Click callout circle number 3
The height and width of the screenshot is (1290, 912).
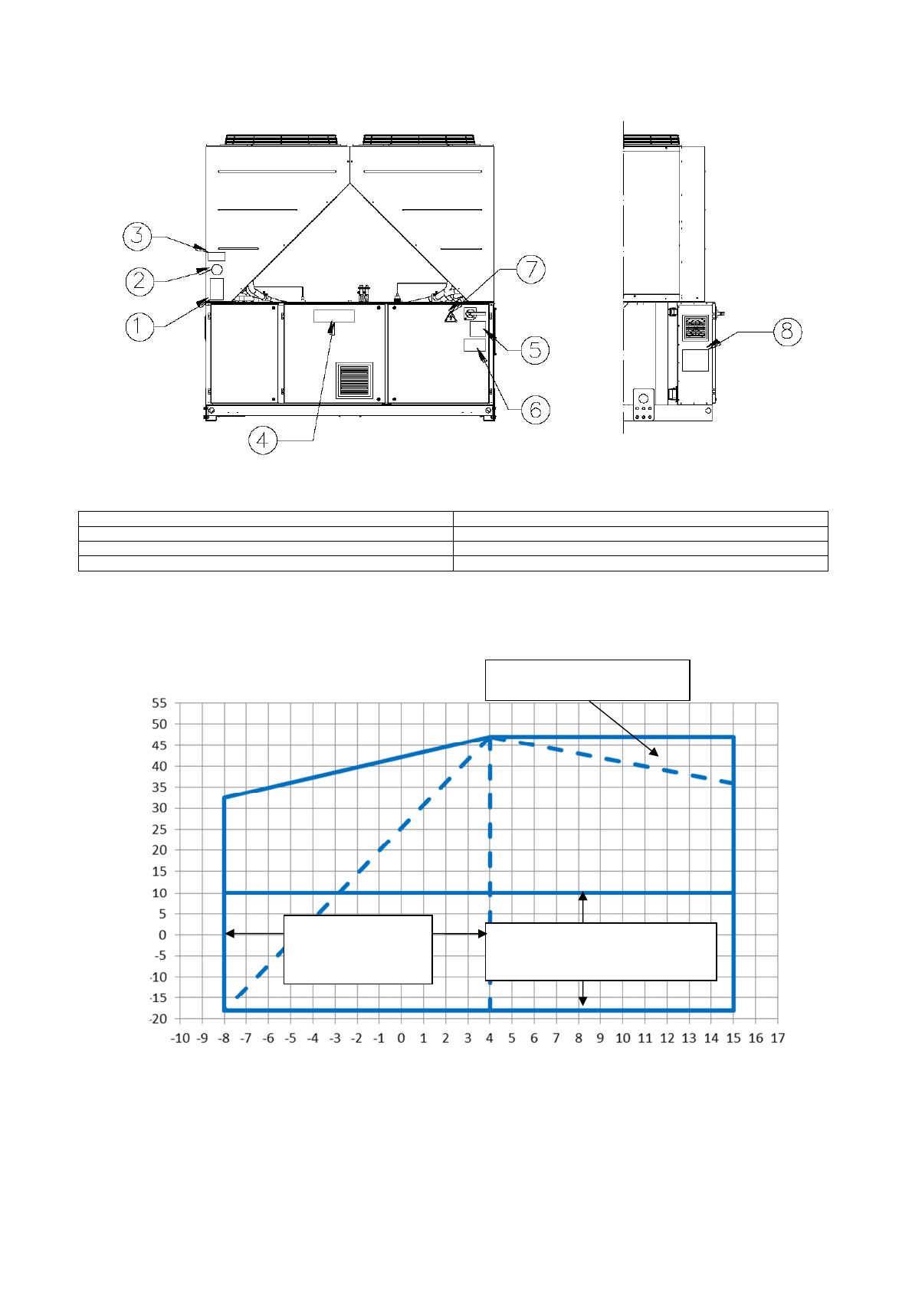point(137,235)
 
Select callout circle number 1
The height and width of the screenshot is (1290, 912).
point(139,327)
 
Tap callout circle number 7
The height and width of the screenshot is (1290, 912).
point(530,270)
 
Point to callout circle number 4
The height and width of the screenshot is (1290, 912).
point(263,440)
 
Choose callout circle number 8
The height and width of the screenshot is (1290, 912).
point(788,332)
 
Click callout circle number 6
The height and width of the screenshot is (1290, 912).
point(535,410)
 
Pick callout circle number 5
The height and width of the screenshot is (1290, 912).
point(535,350)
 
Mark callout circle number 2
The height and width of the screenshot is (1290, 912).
point(139,281)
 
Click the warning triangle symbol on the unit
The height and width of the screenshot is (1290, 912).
point(451,316)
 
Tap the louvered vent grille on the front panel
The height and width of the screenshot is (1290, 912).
point(354,380)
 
